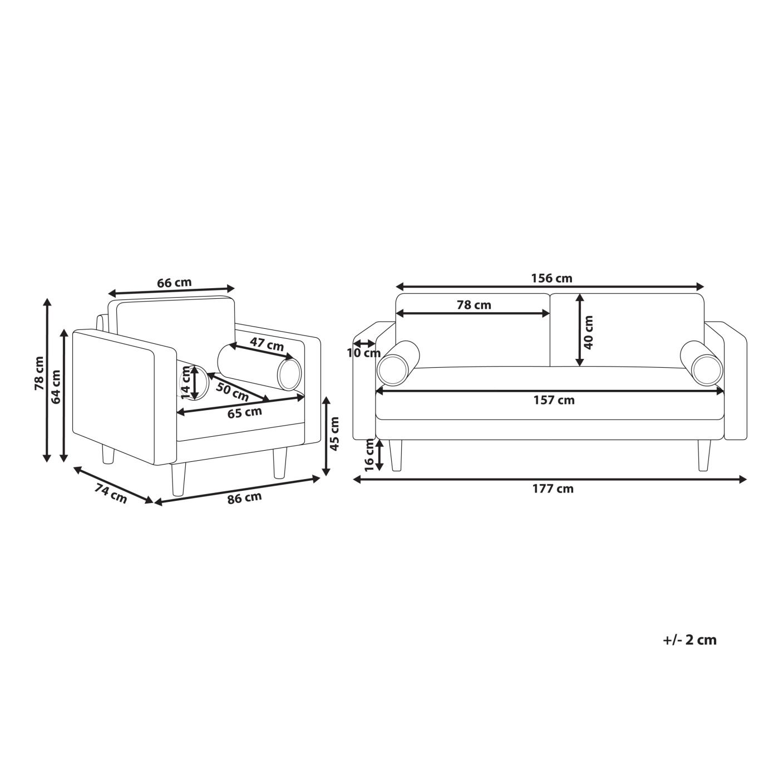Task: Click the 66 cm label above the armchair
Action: (174, 282)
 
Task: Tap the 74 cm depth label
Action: (110, 494)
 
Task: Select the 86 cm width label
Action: (244, 498)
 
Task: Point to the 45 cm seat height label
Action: (334, 433)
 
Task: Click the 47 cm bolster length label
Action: (267, 344)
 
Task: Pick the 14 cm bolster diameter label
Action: (185, 382)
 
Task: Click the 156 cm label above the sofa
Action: (551, 278)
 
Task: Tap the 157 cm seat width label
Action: (554, 400)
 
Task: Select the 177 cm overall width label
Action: (553, 489)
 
